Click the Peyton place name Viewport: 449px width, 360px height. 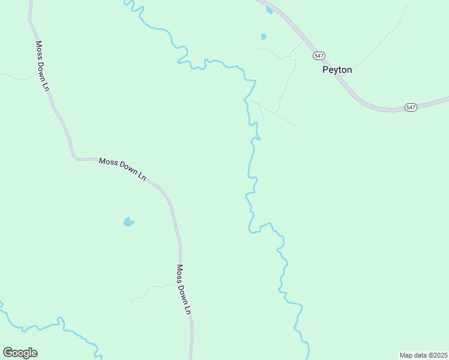[337, 70]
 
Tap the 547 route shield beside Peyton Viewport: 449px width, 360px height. [319, 56]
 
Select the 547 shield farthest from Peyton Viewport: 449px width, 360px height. [411, 107]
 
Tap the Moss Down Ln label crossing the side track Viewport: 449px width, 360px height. [183, 290]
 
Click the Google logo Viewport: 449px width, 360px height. [20, 353]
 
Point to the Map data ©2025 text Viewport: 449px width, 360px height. [423, 355]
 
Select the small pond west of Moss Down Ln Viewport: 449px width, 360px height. [128, 222]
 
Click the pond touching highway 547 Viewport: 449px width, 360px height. [269, 10]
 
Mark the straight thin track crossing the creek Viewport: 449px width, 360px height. [273, 113]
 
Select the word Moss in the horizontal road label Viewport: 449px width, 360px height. [108, 162]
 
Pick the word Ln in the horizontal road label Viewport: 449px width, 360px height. [142, 176]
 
